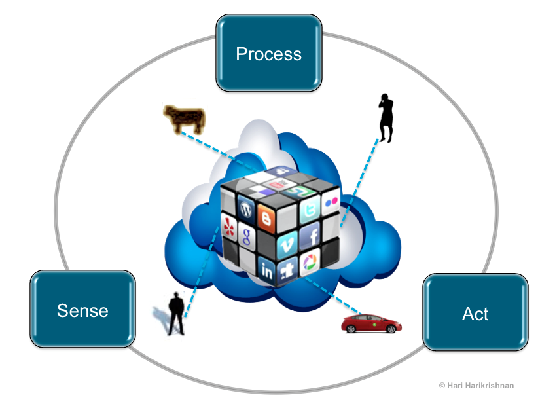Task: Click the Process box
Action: tap(268, 53)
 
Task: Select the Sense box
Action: tap(82, 310)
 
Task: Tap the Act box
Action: tap(475, 313)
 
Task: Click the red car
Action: tap(371, 323)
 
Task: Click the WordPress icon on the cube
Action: tap(247, 210)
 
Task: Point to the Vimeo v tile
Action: tap(285, 246)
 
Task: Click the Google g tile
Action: tap(245, 235)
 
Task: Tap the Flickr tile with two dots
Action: tap(332, 201)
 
